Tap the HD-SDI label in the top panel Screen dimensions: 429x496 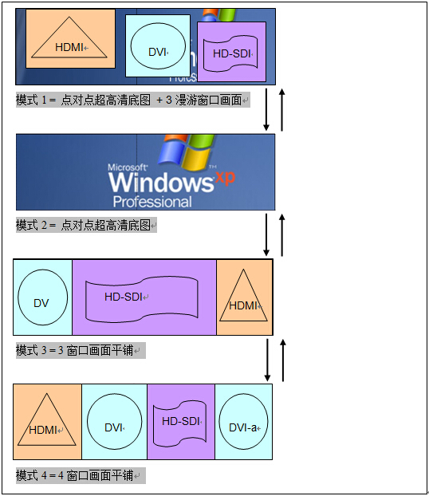(232, 53)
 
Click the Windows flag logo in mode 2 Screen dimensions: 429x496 (185, 153)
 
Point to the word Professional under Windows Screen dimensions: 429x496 (152, 202)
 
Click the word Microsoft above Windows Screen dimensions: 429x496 (127, 167)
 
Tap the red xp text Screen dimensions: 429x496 (225, 178)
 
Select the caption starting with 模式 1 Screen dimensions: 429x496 (133, 100)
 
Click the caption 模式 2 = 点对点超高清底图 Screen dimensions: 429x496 (86, 225)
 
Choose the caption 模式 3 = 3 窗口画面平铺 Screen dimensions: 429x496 (81, 351)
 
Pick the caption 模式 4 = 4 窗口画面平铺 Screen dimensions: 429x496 (81, 475)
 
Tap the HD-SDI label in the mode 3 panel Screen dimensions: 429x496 (124, 297)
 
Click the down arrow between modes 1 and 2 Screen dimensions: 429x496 (266, 109)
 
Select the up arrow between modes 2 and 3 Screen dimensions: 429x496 (282, 235)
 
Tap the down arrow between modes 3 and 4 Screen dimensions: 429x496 (267, 360)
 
